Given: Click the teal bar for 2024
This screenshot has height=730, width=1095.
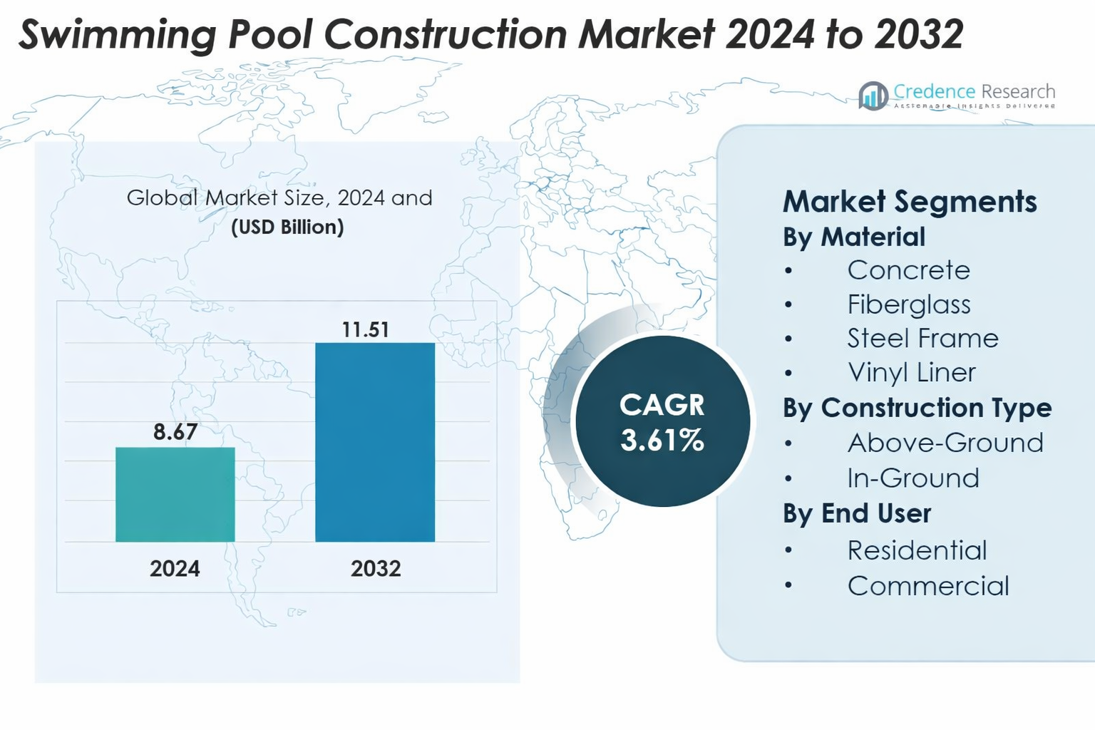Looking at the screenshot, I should (x=175, y=494).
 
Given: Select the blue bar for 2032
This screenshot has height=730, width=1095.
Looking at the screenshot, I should (x=375, y=442).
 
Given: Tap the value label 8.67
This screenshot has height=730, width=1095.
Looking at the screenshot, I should (x=175, y=431).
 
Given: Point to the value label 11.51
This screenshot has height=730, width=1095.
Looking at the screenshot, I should (x=365, y=329).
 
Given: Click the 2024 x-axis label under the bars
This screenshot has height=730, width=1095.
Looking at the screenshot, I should (x=175, y=568).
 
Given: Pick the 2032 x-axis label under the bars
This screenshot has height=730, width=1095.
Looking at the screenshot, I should (x=376, y=568).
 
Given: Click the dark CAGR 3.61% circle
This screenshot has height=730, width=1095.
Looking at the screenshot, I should (x=662, y=422).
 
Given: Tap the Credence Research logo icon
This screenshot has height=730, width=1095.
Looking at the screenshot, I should (x=873, y=96).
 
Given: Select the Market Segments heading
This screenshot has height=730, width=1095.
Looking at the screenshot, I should (x=910, y=202).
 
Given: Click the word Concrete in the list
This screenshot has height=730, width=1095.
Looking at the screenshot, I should (x=909, y=270).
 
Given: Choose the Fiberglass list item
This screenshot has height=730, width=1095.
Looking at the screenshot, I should (x=909, y=304).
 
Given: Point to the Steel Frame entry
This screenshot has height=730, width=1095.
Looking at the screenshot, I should (x=922, y=338).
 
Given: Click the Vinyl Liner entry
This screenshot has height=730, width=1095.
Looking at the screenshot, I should (x=911, y=372).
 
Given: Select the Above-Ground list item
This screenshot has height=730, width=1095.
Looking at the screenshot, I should (x=945, y=443).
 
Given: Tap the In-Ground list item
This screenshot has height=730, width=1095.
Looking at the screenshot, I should (x=913, y=478).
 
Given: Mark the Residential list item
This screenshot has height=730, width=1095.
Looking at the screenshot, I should (x=917, y=550).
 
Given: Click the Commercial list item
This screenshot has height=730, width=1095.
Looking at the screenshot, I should (x=928, y=586).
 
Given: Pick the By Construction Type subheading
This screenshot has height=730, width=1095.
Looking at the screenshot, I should (x=917, y=408).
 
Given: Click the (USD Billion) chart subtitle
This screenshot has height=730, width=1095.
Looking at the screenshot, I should (x=287, y=227).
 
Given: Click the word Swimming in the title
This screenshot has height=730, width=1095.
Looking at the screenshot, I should (x=117, y=34).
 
